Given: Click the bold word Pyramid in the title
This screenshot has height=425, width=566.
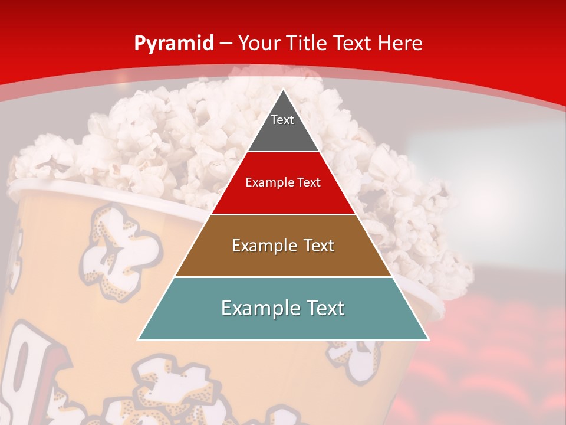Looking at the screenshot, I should click(174, 44).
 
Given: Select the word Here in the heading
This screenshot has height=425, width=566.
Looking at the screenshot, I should click(400, 44).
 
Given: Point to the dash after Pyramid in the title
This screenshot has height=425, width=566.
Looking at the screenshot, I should click(225, 44).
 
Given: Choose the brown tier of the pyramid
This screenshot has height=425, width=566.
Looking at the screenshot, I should click(283, 260).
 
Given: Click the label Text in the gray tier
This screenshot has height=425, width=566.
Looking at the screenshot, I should click(282, 120).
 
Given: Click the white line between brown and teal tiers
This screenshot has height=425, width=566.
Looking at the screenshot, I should click(283, 277).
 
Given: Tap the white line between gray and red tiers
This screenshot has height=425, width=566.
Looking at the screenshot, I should click(283, 152).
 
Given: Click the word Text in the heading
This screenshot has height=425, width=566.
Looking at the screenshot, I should click(354, 44).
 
